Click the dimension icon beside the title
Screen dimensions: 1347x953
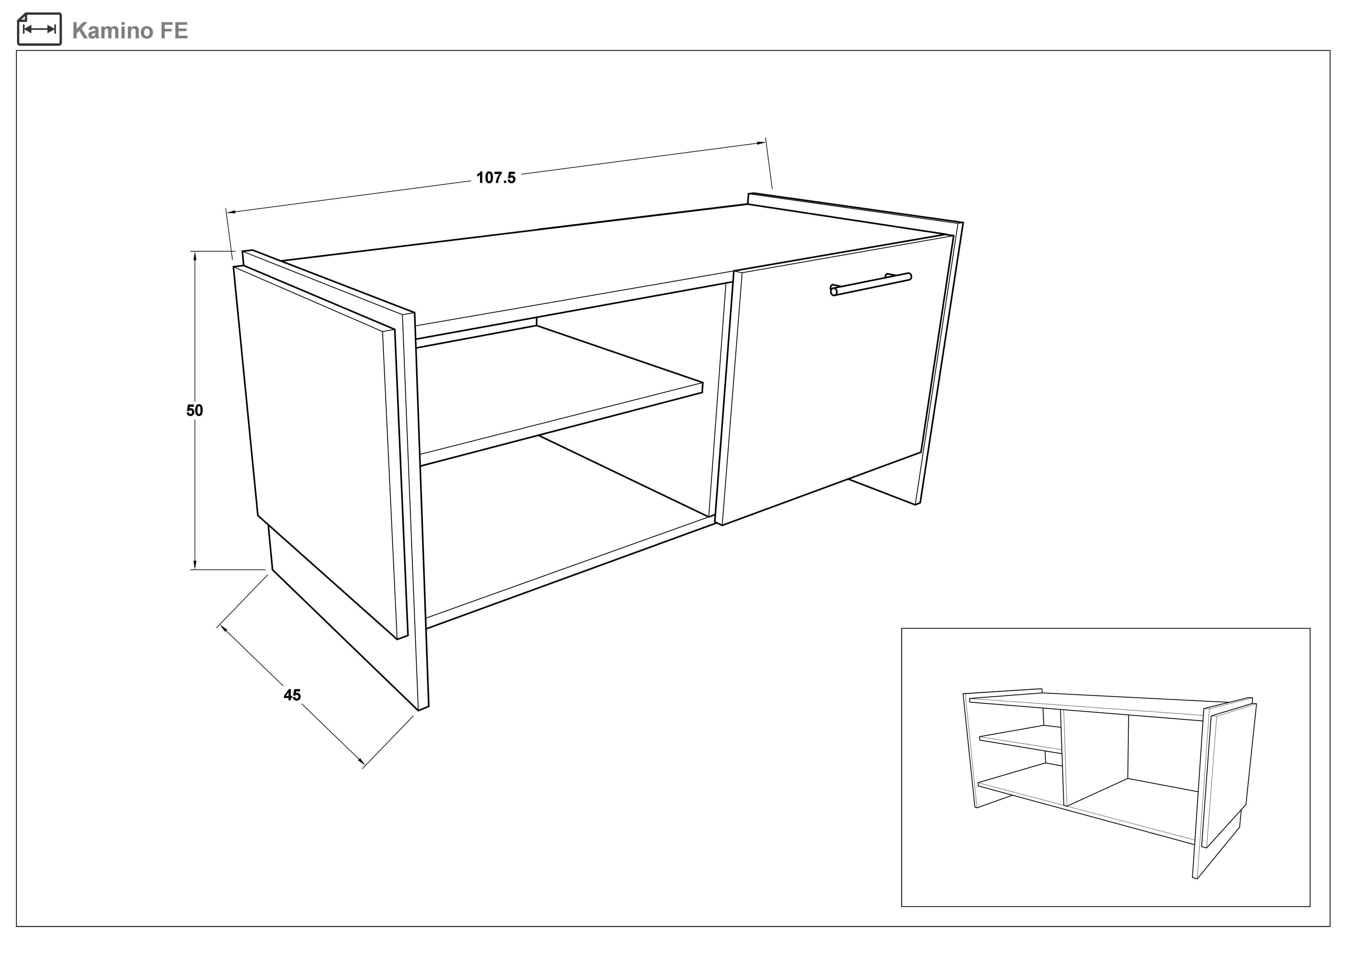pyautogui.click(x=39, y=29)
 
